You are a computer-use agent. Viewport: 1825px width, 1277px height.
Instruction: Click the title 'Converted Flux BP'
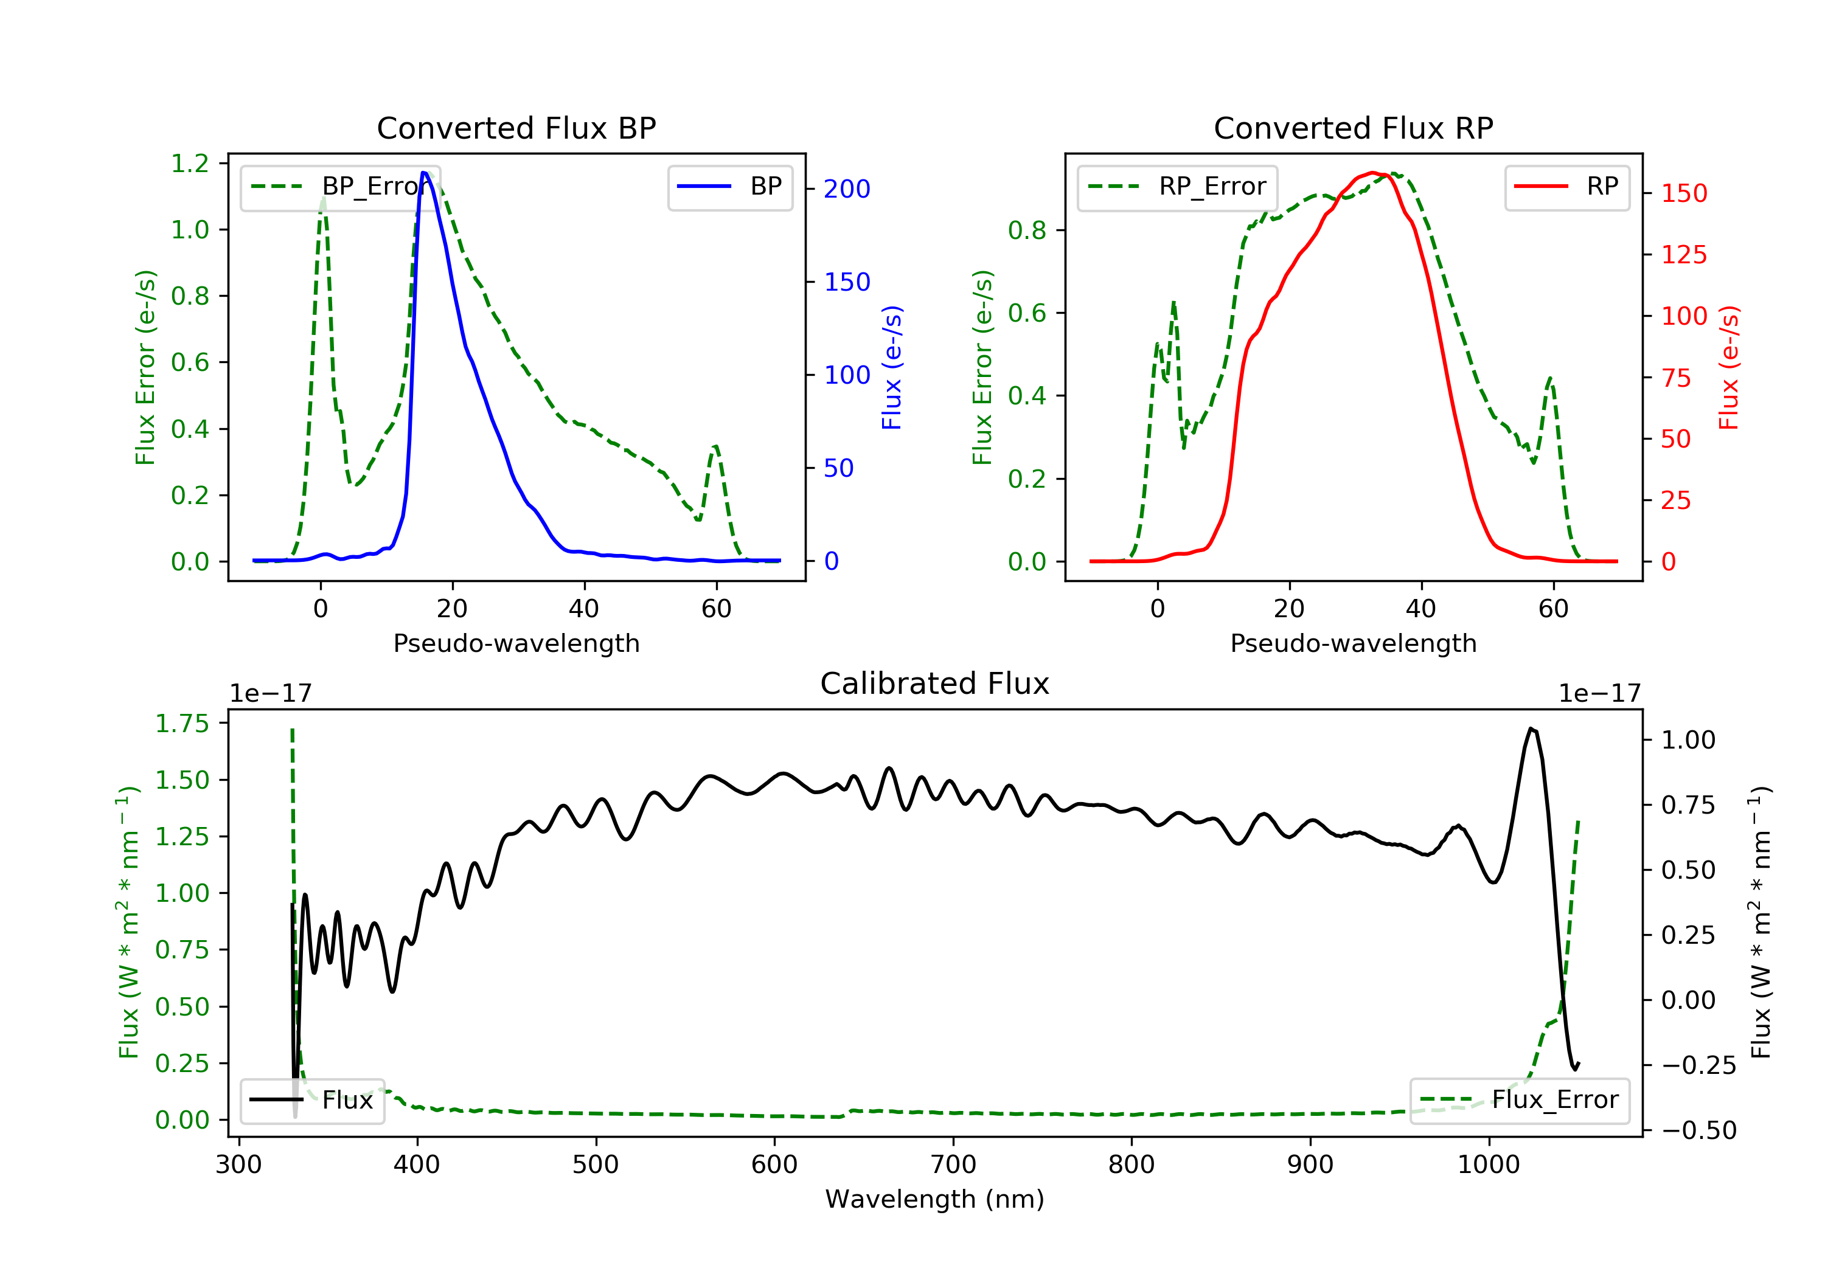516,128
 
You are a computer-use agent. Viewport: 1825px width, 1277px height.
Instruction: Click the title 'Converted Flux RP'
1354,128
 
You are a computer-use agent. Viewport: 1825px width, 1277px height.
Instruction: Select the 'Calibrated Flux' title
935,683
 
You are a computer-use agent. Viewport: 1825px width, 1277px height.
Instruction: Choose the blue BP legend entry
729,187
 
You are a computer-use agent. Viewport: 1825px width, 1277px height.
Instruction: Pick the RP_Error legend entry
1177,187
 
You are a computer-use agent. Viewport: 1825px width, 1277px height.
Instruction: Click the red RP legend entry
1566,187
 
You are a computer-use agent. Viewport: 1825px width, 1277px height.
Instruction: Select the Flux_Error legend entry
1519,1100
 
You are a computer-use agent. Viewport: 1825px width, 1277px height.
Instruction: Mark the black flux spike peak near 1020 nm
1531,728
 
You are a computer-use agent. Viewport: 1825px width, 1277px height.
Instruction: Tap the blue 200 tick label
847,189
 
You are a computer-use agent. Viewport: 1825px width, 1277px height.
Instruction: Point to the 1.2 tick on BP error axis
190,164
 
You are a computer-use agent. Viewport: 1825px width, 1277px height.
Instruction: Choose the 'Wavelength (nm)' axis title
935,1199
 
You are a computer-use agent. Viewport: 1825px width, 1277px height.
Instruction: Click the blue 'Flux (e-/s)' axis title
892,368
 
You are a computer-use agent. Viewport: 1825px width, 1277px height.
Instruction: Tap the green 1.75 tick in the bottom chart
182,724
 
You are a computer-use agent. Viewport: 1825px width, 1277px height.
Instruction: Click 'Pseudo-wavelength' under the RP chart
1354,643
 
